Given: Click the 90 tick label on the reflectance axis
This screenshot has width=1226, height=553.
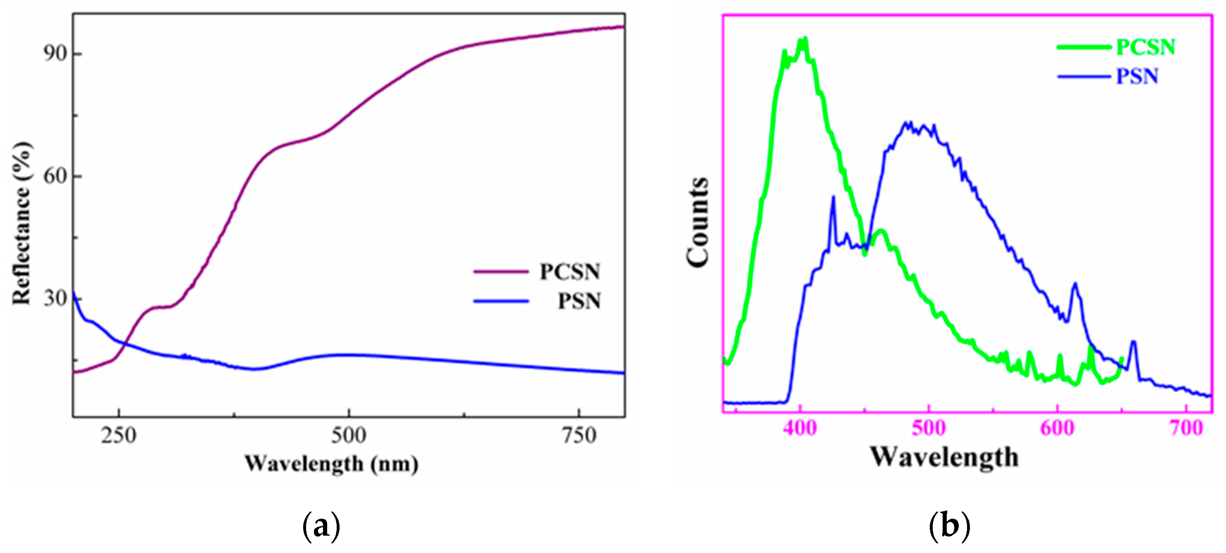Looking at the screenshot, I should tap(54, 54).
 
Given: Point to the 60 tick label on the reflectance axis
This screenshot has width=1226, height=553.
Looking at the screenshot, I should tap(54, 176).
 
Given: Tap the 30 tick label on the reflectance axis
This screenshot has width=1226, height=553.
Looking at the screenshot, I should tap(54, 299).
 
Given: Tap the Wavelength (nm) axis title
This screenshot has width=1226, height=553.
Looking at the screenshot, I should tap(332, 463).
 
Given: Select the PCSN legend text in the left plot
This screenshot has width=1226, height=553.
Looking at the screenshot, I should tap(570, 272).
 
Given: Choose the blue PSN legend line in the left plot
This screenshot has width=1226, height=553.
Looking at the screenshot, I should tap(501, 301).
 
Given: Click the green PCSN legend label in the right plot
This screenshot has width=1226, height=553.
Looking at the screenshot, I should tap(1145, 47).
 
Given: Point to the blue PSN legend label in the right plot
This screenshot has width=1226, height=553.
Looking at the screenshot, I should tap(1137, 77).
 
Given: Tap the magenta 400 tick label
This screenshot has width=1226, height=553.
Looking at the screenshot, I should tap(800, 428).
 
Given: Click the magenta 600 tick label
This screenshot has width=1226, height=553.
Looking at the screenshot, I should tap(1057, 428).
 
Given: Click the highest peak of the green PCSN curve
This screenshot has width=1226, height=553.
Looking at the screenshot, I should tap(805, 39).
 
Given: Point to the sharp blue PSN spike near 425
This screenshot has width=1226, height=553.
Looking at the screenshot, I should tap(833, 197).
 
